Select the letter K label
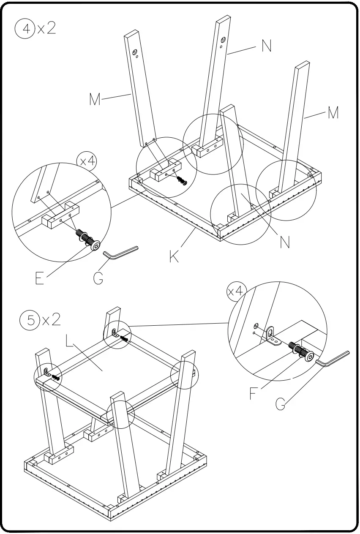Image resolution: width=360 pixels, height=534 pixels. (174, 256)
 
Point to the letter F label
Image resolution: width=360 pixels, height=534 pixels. (253, 394)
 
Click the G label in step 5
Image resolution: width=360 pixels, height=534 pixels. (281, 403)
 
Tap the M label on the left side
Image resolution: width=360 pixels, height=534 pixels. (95, 100)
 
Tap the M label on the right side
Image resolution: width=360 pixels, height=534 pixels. (333, 113)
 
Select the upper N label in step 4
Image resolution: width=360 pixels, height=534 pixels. (266, 46)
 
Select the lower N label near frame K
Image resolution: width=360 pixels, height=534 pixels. (285, 242)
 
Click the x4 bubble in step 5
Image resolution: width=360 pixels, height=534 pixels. (235, 291)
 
